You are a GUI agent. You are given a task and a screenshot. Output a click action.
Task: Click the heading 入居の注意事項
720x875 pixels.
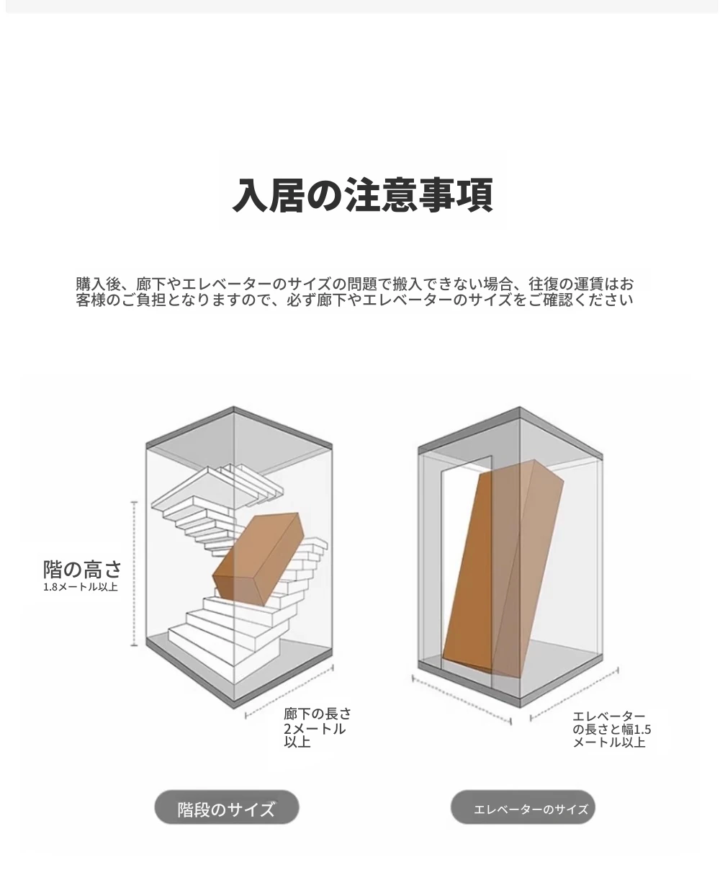pyautogui.click(x=362, y=195)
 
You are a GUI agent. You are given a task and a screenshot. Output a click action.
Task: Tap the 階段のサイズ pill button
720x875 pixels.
pyautogui.click(x=227, y=807)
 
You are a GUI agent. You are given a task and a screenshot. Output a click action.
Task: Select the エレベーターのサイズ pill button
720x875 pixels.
pyautogui.click(x=523, y=807)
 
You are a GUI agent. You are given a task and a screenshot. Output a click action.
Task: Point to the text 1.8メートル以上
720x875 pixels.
pyautogui.click(x=81, y=587)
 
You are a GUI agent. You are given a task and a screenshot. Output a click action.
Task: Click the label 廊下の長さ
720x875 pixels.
pyautogui.click(x=318, y=714)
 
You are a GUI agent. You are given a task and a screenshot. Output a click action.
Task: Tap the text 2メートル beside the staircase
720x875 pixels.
pyautogui.click(x=315, y=729)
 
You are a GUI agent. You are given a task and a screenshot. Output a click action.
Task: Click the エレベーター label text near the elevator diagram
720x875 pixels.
pyautogui.click(x=609, y=716)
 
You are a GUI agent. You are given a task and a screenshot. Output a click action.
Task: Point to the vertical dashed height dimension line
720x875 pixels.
pyautogui.click(x=134, y=574)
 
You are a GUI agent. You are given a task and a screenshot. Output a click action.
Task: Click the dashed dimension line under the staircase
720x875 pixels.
pyautogui.click(x=289, y=691)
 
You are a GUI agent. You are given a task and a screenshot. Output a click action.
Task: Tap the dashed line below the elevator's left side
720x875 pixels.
pyautogui.click(x=462, y=699)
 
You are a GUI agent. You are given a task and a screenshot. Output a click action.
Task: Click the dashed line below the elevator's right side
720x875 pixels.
pyautogui.click(x=575, y=694)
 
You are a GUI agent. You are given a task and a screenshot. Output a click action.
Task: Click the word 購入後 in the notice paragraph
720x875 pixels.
pyautogui.click(x=99, y=284)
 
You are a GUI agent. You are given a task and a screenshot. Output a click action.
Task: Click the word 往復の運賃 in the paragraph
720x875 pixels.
pyautogui.click(x=566, y=284)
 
